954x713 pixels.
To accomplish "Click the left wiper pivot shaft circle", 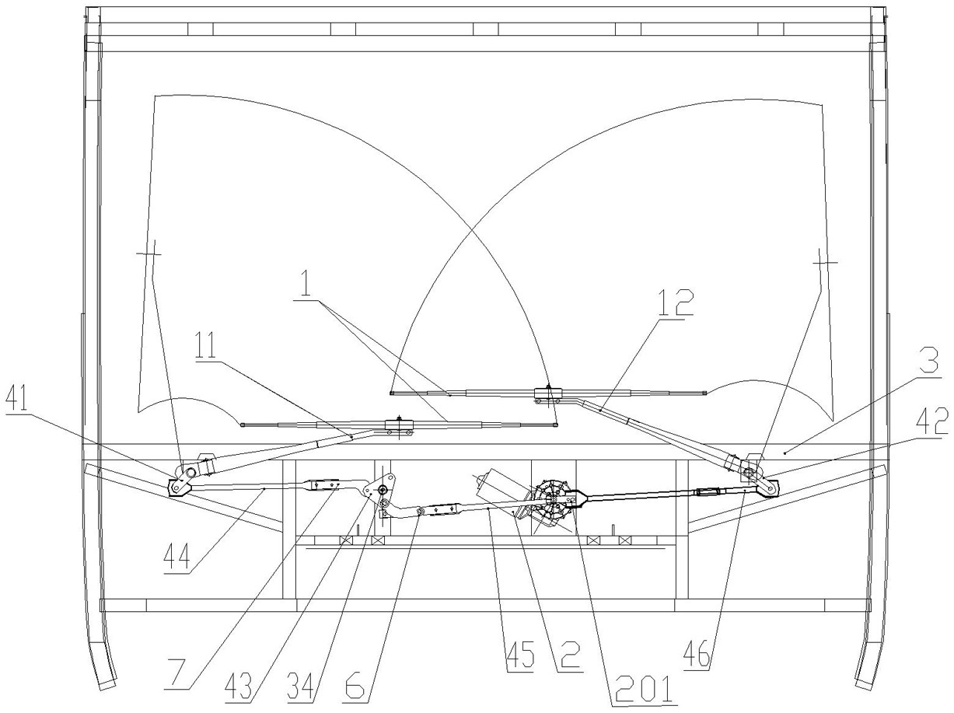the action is [187, 470].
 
